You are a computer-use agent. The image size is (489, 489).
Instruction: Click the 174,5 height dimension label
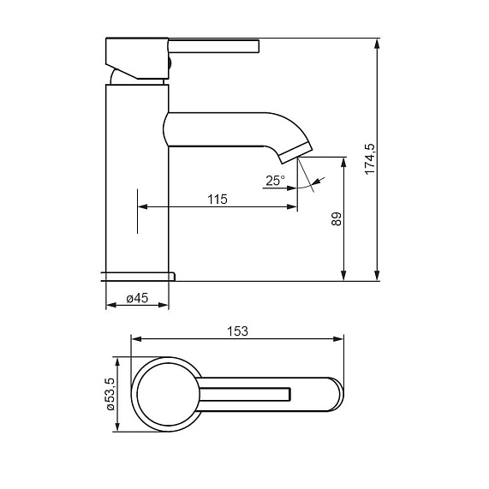click(x=370, y=159)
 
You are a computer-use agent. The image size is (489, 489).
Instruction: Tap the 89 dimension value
click(x=337, y=219)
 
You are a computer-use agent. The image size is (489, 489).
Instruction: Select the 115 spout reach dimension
click(x=218, y=200)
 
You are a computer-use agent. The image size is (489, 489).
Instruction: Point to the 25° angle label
click(x=275, y=181)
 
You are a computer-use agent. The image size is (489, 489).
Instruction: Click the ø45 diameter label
click(x=137, y=298)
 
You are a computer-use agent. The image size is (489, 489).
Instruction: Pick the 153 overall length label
click(x=237, y=331)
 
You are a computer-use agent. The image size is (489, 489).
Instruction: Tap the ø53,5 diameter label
click(x=110, y=394)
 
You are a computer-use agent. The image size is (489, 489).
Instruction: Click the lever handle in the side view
click(x=213, y=46)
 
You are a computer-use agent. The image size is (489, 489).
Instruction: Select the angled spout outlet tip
click(x=295, y=153)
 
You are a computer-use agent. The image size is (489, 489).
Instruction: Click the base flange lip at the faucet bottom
click(x=139, y=277)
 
